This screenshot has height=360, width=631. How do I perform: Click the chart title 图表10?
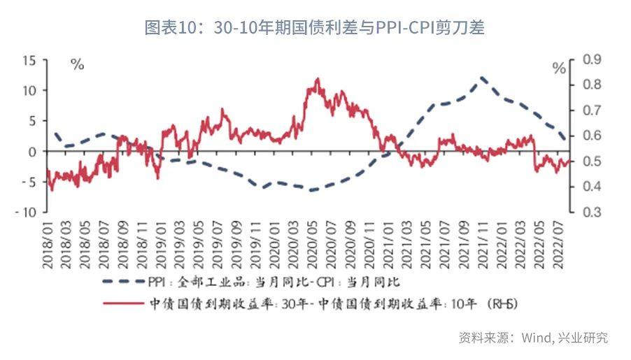[314, 28]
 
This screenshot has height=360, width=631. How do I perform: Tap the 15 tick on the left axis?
[29, 60]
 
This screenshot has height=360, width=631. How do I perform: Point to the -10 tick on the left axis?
[27, 212]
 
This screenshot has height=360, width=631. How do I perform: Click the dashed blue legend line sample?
[122, 282]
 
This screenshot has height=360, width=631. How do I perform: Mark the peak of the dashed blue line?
[482, 78]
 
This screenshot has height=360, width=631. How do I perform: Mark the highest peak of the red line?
[318, 79]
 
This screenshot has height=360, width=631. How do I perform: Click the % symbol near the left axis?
[78, 65]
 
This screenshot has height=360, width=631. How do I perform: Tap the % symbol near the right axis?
[558, 68]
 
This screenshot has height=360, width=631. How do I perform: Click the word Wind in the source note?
[536, 338]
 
